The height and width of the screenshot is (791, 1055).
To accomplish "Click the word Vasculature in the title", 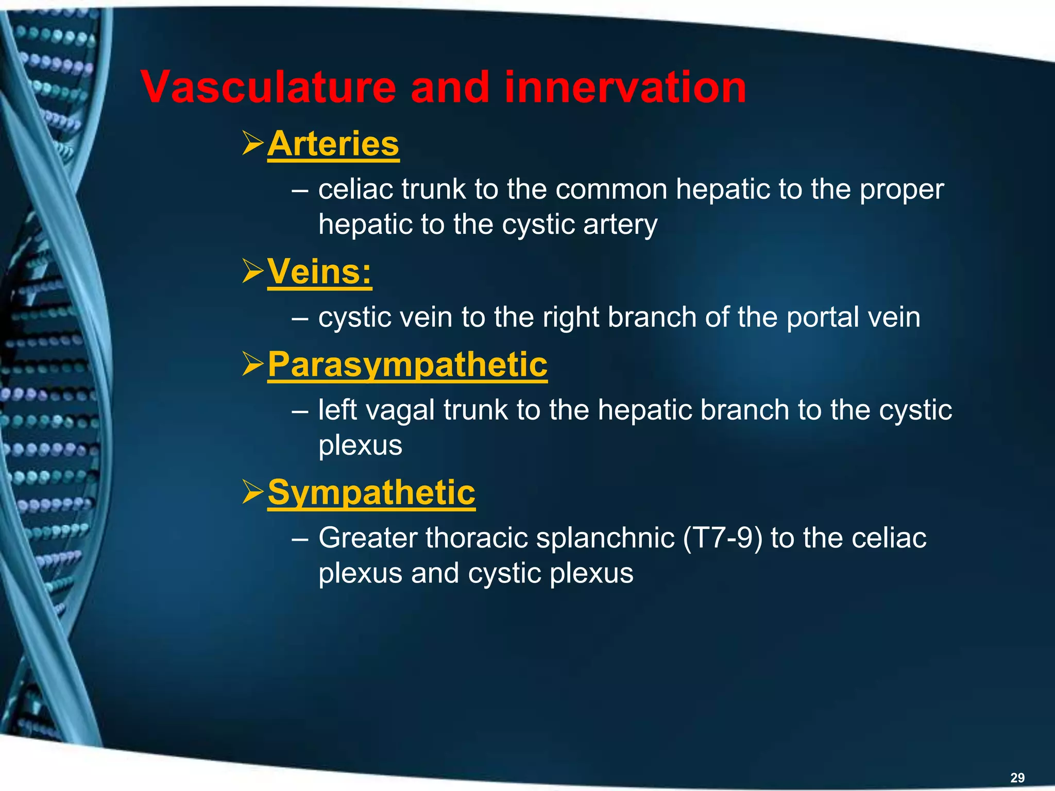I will coord(268,88).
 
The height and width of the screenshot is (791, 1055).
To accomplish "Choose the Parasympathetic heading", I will coord(407,365).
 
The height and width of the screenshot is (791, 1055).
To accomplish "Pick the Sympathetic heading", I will coord(371,492).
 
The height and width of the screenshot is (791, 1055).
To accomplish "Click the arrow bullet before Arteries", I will coord(253,144).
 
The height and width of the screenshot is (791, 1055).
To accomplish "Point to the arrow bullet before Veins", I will coord(253,271).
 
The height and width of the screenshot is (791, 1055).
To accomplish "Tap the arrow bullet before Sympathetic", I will coord(253,492).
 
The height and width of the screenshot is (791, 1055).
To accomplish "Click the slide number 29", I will coord(1017,778).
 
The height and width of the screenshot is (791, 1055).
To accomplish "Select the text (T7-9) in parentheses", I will coord(722,538).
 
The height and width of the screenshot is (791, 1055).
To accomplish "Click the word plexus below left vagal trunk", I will coord(360,445).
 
